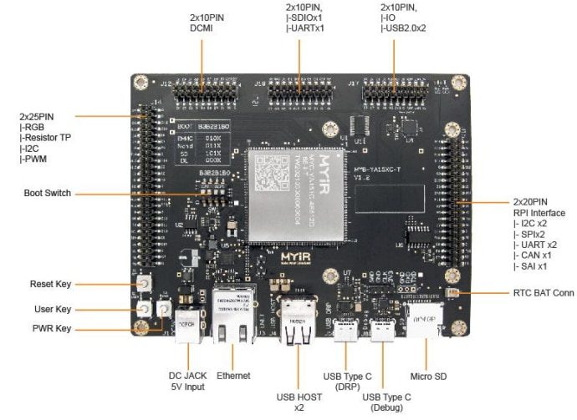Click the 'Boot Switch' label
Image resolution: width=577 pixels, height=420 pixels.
48,194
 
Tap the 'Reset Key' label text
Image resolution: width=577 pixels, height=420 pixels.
51,284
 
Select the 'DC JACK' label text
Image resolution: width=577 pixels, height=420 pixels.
188,377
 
